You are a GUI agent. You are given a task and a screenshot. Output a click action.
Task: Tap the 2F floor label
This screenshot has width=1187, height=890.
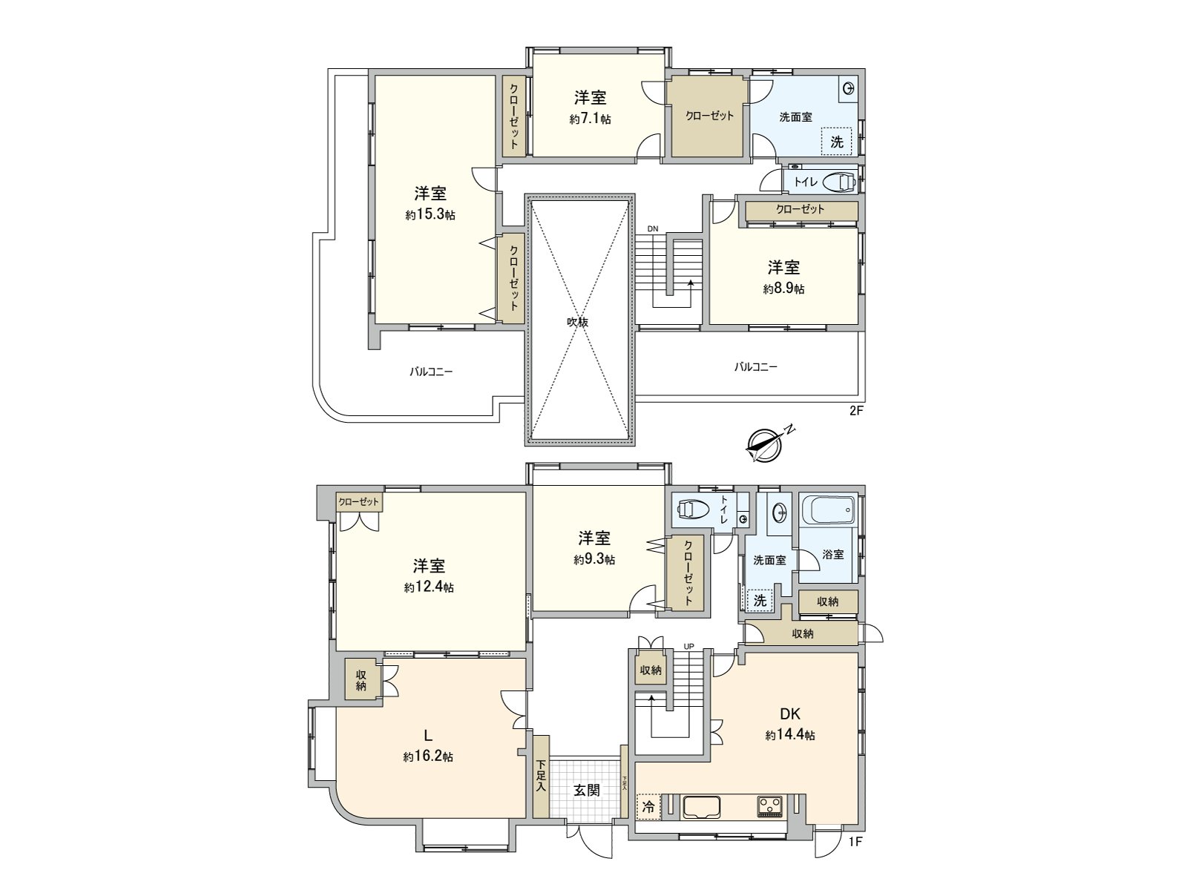[856, 410]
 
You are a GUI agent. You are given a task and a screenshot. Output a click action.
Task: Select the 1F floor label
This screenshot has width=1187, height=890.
[856, 842]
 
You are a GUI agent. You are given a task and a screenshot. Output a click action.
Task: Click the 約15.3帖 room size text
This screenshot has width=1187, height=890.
[430, 215]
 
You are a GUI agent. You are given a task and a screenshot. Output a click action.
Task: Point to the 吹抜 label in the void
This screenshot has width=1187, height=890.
[578, 322]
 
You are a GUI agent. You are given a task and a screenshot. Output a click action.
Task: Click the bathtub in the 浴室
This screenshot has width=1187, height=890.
[829, 510]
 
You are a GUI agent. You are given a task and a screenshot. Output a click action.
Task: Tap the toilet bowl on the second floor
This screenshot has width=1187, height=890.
[838, 181]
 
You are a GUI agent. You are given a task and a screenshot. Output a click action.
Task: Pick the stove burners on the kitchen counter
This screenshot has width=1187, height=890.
[769, 806]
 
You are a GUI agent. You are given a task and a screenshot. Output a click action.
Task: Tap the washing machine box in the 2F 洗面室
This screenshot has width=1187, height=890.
[837, 142]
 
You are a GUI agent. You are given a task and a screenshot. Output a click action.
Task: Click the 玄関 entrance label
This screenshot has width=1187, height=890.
[586, 790]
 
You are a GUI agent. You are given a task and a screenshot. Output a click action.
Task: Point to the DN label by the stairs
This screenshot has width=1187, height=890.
[652, 228]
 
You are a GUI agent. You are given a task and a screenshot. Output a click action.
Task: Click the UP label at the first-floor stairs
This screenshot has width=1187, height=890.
[688, 646]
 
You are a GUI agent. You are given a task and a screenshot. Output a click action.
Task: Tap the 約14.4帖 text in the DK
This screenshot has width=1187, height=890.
[790, 735]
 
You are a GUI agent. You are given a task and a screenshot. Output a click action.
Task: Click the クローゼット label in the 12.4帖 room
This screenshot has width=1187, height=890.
[358, 502]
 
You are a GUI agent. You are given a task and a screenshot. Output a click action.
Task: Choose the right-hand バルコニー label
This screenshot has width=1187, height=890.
[756, 366]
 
